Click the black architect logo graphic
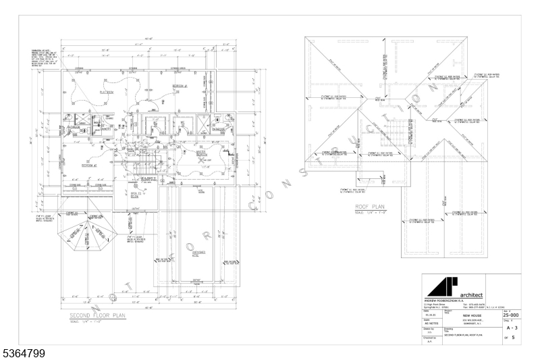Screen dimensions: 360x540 tap(440, 286)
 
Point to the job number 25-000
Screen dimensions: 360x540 tap(511, 315)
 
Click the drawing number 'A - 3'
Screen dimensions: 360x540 tap(511, 327)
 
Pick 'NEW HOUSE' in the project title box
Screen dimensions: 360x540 tap(471, 315)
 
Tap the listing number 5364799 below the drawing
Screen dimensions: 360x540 tap(23, 353)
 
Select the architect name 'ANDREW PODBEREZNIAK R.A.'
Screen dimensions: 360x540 tap(448, 301)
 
